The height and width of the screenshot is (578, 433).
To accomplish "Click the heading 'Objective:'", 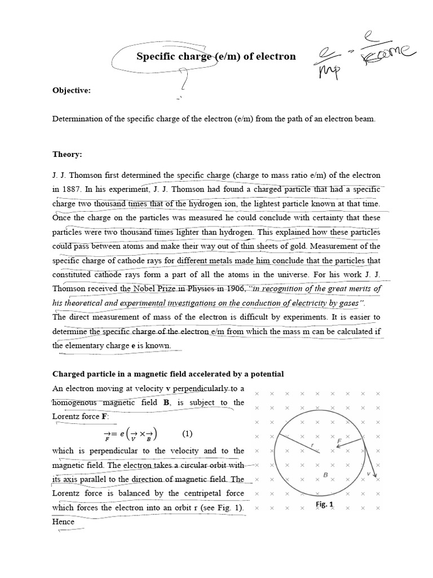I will click(71, 90).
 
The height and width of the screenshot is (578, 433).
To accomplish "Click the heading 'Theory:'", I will click(67, 154).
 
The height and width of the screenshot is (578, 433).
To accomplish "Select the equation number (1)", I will click(187, 433).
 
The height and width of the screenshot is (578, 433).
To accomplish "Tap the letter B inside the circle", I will click(325, 475).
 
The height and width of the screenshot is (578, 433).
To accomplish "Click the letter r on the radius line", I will click(312, 446).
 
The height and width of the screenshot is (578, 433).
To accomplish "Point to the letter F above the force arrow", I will click(339, 440).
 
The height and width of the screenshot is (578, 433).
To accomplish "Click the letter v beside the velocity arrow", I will click(369, 474).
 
